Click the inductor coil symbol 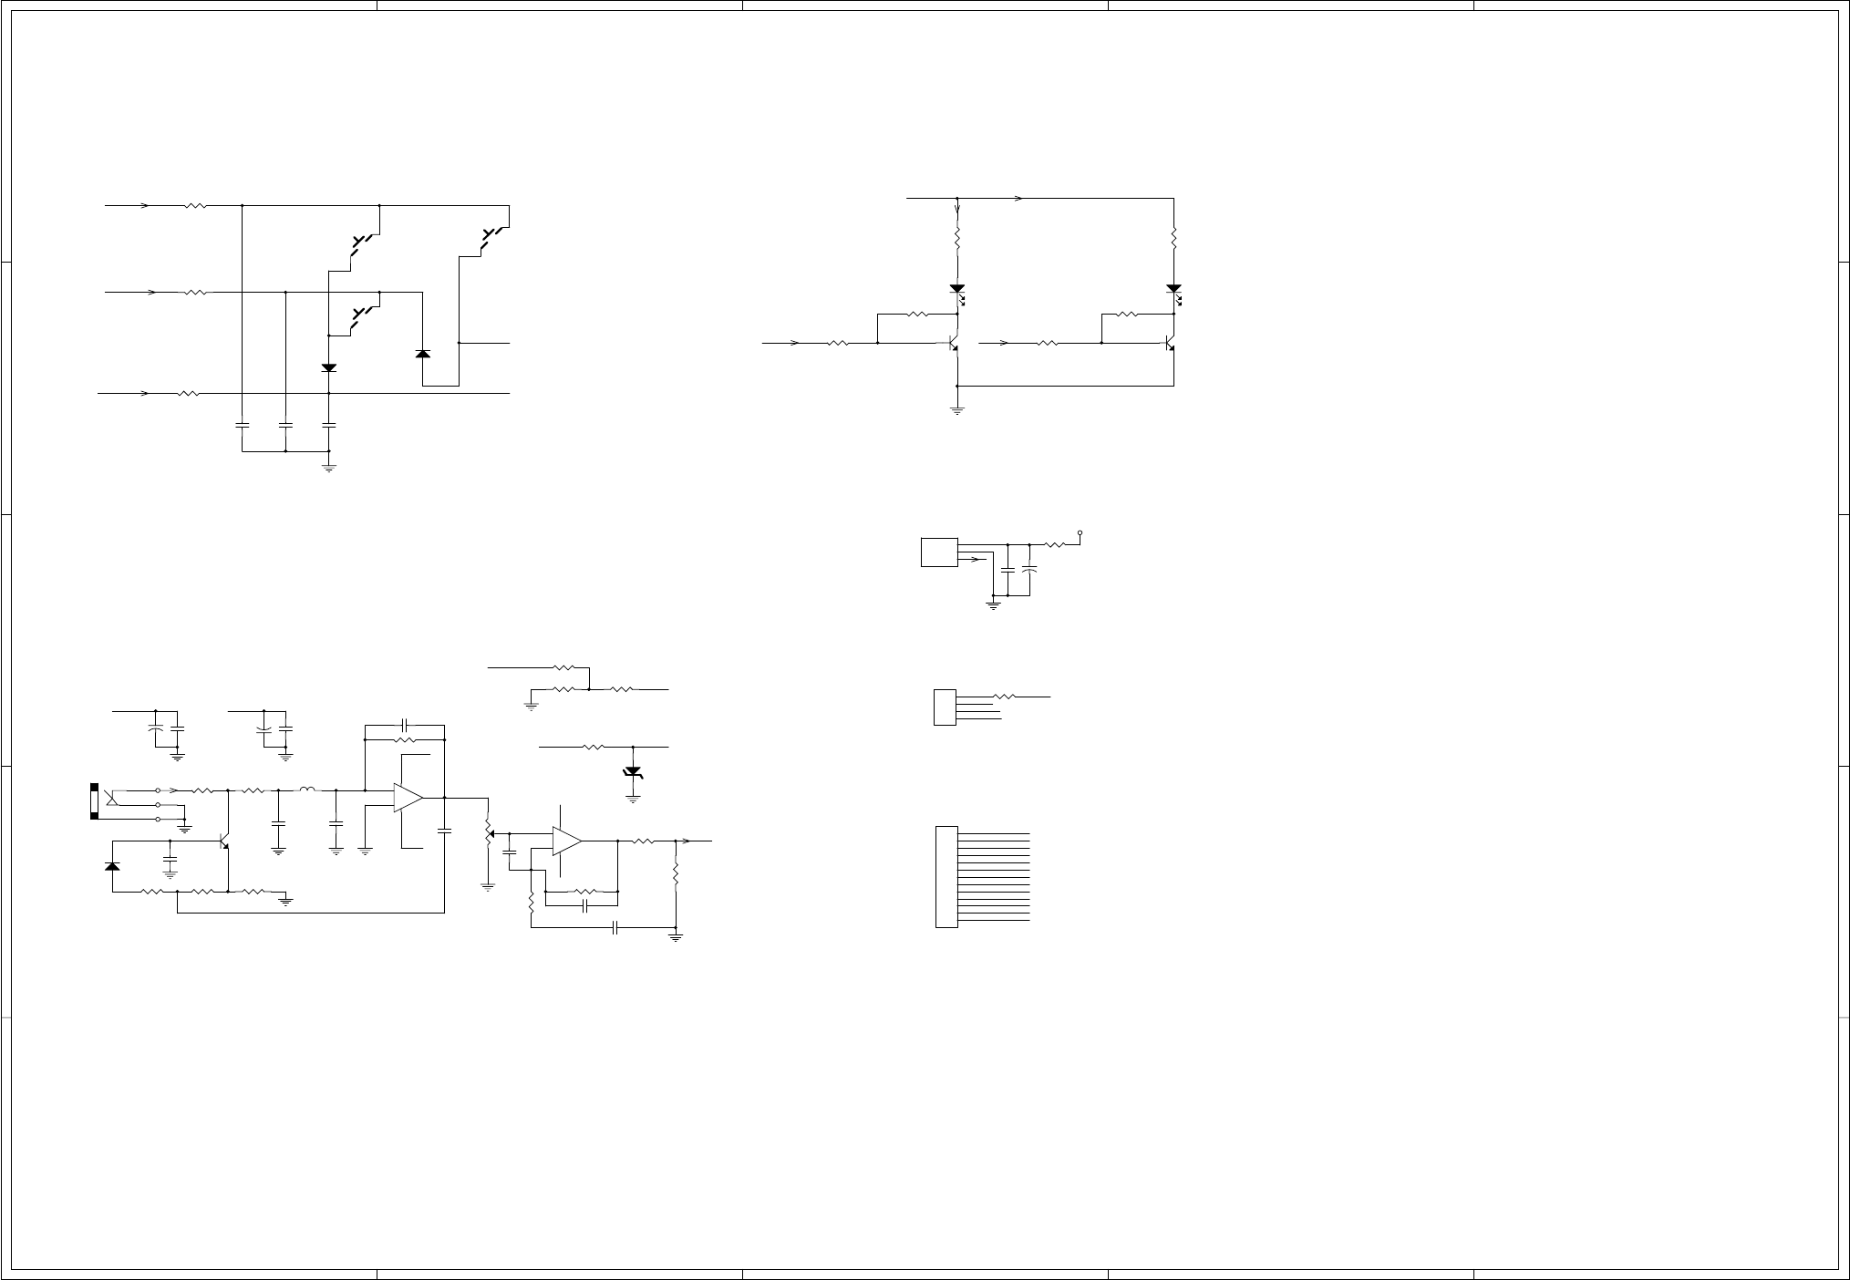click(x=308, y=790)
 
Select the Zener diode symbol click(x=632, y=772)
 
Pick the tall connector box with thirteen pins click(x=946, y=877)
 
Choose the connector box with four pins click(x=945, y=707)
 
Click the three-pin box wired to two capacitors click(x=939, y=552)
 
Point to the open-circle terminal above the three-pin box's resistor click(x=1080, y=532)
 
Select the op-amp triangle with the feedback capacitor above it click(x=408, y=798)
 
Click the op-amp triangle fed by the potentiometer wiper click(x=566, y=841)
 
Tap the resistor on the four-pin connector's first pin click(x=1004, y=697)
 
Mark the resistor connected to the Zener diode click(x=594, y=747)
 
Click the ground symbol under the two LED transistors click(x=957, y=410)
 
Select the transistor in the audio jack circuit click(x=223, y=841)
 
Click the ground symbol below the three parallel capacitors click(x=329, y=468)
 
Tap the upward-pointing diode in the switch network click(x=422, y=353)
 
